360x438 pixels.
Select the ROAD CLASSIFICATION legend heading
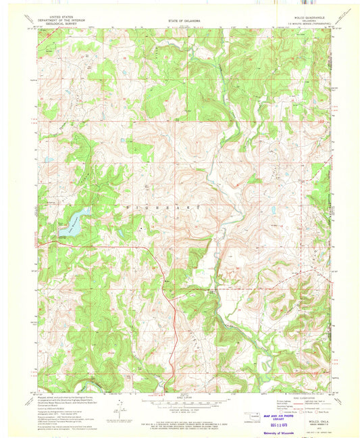(x=301, y=397)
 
